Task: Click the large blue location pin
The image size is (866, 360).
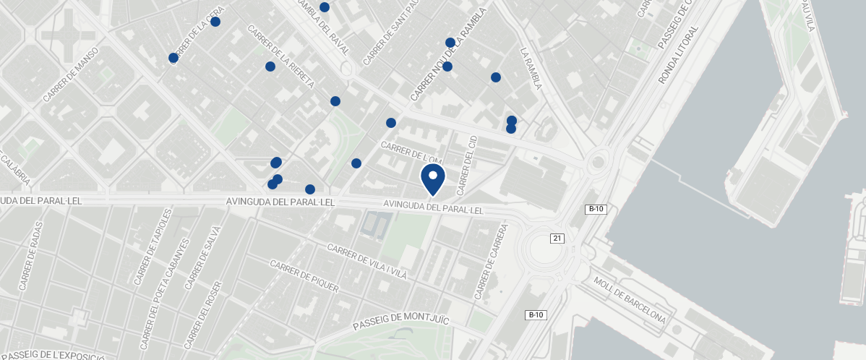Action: pos(432,178)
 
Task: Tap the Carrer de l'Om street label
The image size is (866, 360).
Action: pos(411,153)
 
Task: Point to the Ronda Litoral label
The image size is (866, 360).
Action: pos(679,55)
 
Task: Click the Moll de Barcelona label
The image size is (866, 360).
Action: pos(628,300)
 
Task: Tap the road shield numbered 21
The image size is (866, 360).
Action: pos(557,238)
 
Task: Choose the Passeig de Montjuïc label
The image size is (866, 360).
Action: pos(402,323)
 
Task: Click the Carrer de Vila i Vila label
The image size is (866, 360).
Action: pos(367,262)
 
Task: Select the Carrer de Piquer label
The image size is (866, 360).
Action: pos(304,276)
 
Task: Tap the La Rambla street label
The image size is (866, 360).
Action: pos(531,69)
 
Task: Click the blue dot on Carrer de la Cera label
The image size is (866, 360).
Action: pos(215,22)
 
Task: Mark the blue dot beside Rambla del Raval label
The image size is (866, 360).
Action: pos(325,7)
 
